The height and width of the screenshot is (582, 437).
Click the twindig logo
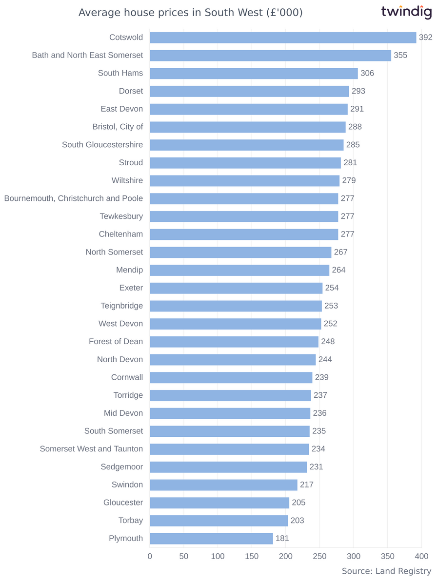[x=406, y=12]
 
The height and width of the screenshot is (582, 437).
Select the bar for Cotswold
[x=283, y=38]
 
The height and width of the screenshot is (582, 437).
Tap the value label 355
[x=400, y=56]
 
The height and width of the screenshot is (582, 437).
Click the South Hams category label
[x=120, y=73]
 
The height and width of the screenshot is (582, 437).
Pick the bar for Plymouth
[x=211, y=539]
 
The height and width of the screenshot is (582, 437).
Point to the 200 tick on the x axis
[x=286, y=556]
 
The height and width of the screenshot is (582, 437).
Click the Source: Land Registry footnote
[x=386, y=571]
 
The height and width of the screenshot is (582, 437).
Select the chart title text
[x=191, y=13]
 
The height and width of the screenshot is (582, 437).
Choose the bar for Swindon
[x=223, y=485]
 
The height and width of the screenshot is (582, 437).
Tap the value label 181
[x=282, y=539]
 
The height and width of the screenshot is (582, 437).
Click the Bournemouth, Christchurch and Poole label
[x=74, y=198]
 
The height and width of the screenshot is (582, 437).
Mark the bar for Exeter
[x=236, y=288]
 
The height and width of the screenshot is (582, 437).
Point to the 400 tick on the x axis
[x=421, y=556]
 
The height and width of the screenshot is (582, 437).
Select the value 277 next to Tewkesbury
[x=348, y=216]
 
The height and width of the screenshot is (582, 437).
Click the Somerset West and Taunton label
[x=91, y=449]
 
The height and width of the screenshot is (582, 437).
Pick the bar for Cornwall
[x=231, y=378]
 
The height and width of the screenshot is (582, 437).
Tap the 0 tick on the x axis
[x=150, y=556]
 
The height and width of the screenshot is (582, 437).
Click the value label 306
[x=367, y=73]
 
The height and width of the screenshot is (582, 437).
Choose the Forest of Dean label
[x=116, y=342]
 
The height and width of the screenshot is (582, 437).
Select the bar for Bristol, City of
[x=248, y=127]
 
